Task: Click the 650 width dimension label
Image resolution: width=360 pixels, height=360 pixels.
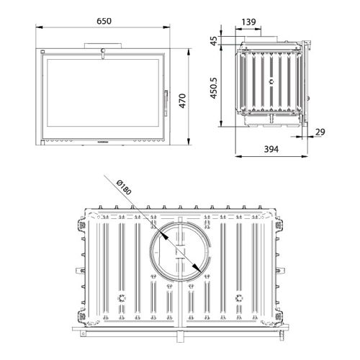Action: pyautogui.click(x=104, y=21)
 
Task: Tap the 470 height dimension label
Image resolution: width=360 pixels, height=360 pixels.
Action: pyautogui.click(x=183, y=101)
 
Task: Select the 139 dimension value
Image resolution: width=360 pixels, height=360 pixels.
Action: pyautogui.click(x=248, y=22)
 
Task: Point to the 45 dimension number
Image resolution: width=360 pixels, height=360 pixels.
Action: pyautogui.click(x=214, y=40)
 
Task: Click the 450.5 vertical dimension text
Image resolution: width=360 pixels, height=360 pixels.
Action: pyautogui.click(x=214, y=88)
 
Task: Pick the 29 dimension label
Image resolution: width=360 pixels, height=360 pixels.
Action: pyautogui.click(x=320, y=132)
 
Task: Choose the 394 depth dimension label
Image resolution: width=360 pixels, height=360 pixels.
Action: pyautogui.click(x=271, y=149)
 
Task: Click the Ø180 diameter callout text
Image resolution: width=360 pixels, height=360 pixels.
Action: pyautogui.click(x=124, y=187)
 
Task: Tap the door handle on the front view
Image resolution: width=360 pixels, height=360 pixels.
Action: pyautogui.click(x=166, y=103)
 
